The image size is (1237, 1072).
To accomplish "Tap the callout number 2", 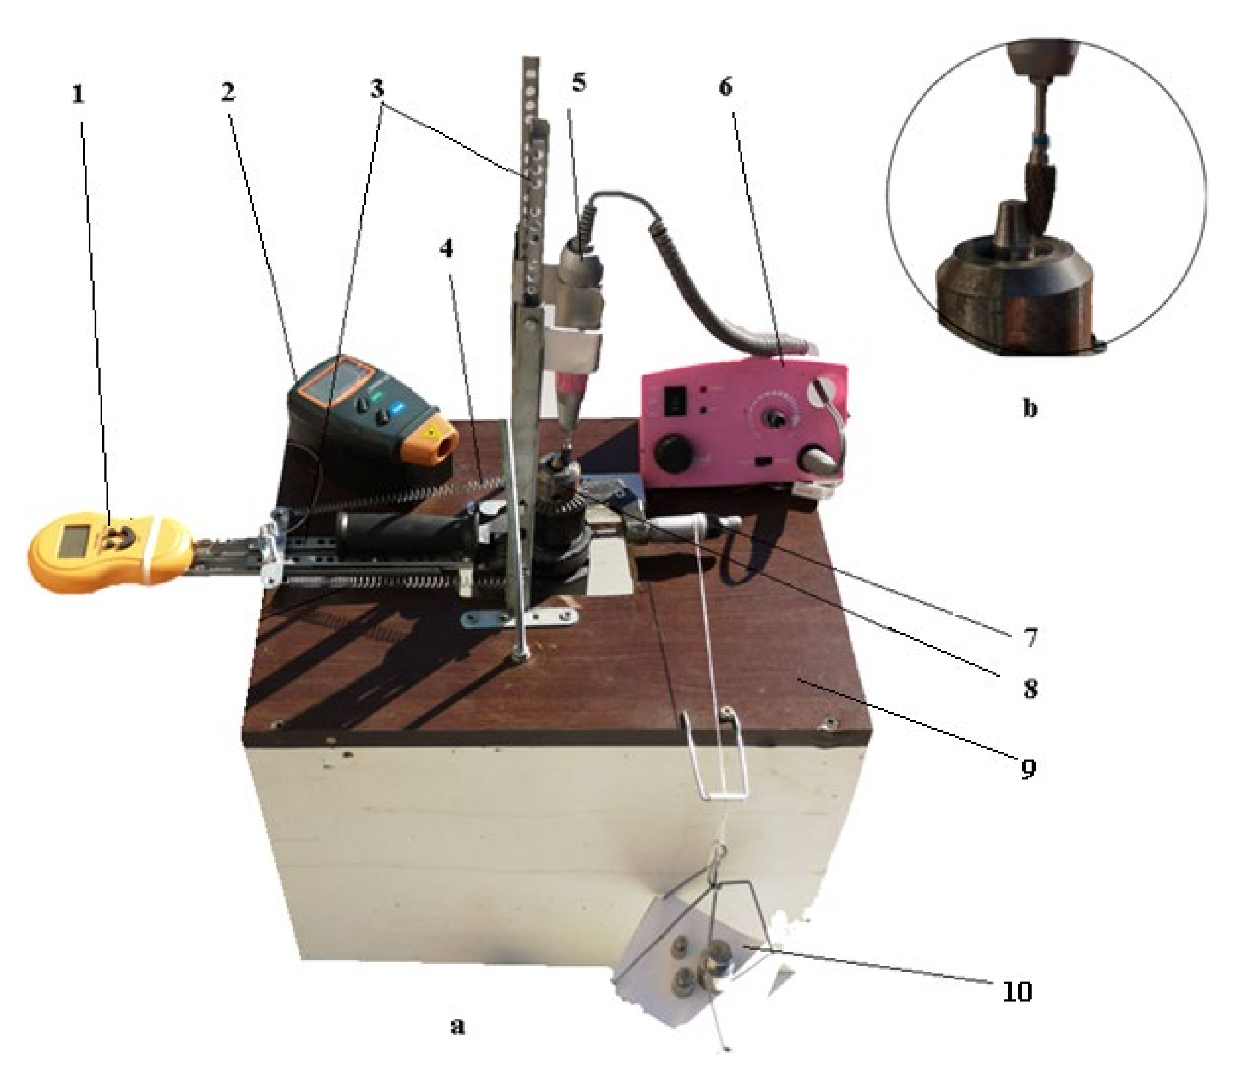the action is click(x=228, y=92).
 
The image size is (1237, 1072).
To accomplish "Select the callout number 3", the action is click(x=377, y=89).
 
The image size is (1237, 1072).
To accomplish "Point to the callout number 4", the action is click(x=446, y=249).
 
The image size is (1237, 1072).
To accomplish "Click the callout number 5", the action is click(x=579, y=82).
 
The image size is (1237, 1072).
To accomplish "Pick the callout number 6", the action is click(x=725, y=87).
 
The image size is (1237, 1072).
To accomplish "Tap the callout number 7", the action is click(x=1029, y=638).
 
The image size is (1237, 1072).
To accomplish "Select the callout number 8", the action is click(x=1029, y=689).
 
